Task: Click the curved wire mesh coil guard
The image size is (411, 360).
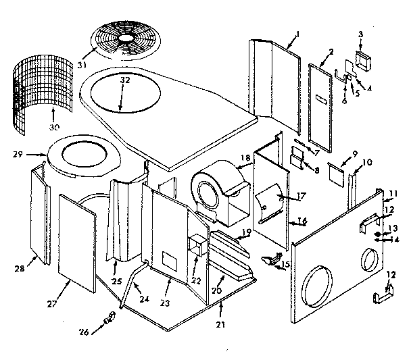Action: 34,91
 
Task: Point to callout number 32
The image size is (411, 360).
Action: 124,79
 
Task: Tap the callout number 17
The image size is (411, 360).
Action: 283,197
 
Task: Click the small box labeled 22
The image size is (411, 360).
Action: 198,245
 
